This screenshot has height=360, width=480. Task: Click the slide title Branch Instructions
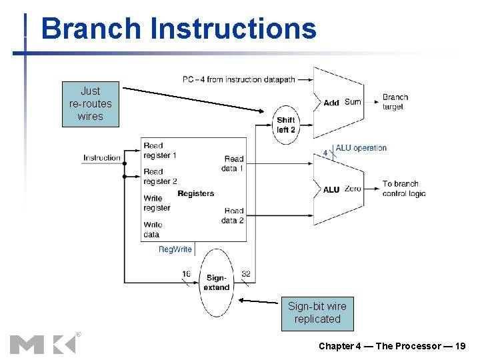click(x=178, y=29)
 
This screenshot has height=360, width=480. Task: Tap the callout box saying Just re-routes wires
click(x=91, y=104)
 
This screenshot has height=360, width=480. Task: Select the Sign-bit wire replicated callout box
click(x=317, y=313)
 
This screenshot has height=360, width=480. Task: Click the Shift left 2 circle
click(x=286, y=125)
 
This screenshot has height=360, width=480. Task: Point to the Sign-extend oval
click(x=217, y=283)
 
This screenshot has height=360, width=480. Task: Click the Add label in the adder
click(x=331, y=103)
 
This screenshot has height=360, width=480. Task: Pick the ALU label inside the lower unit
click(x=331, y=189)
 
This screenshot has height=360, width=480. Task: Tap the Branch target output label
click(x=395, y=102)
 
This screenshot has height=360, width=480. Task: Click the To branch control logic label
click(x=403, y=189)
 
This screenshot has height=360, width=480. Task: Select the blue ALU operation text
click(x=361, y=148)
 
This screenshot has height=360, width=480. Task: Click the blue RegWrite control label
click(x=175, y=249)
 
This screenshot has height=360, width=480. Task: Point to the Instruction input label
click(x=102, y=158)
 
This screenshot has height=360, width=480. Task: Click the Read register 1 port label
click(x=159, y=150)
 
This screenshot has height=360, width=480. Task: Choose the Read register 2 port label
click(x=159, y=176)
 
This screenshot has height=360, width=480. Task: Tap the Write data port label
click(x=153, y=229)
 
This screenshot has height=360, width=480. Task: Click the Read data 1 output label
click(x=233, y=163)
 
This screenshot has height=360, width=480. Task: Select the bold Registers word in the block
click(x=195, y=193)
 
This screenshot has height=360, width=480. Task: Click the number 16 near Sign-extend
click(x=186, y=274)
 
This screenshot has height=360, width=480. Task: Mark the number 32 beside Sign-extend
click(x=246, y=274)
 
